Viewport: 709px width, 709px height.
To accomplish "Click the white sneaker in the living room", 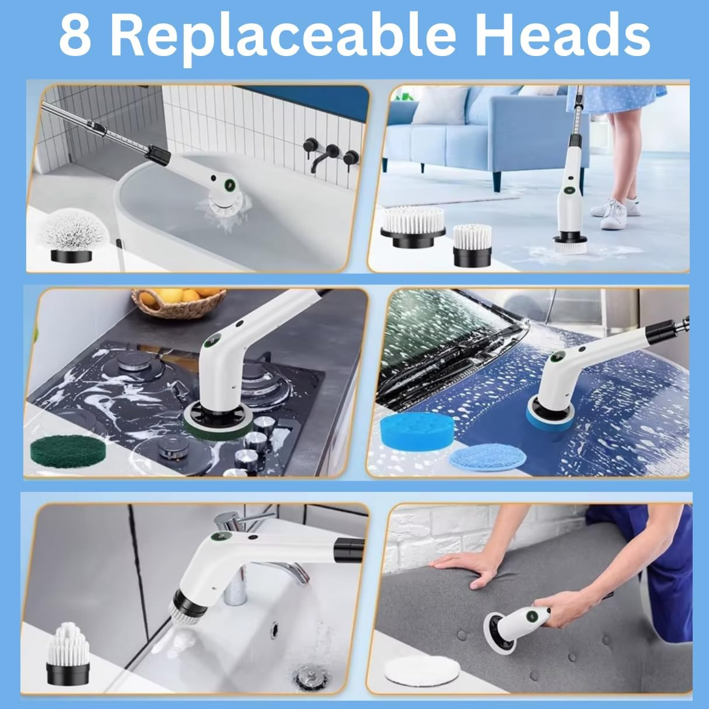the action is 614,214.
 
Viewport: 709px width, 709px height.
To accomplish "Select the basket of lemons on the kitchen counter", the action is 179,302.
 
